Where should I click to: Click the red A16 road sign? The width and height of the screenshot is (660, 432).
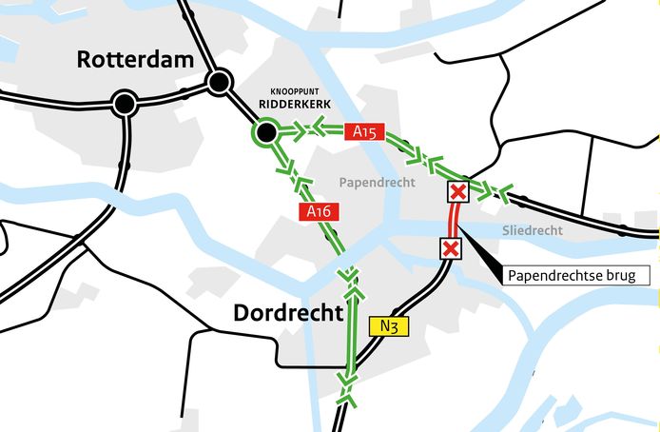coord(318,212)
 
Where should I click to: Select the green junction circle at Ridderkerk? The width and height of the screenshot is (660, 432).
coord(265,131)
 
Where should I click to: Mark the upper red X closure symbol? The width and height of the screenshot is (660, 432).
coord(457,192)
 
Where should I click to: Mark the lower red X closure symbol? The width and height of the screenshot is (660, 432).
coord(450,248)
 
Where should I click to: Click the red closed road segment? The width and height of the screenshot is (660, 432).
coord(455,221)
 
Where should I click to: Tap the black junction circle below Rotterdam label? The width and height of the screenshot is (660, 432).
coord(123,104)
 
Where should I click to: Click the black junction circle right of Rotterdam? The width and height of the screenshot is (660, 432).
coord(220,82)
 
